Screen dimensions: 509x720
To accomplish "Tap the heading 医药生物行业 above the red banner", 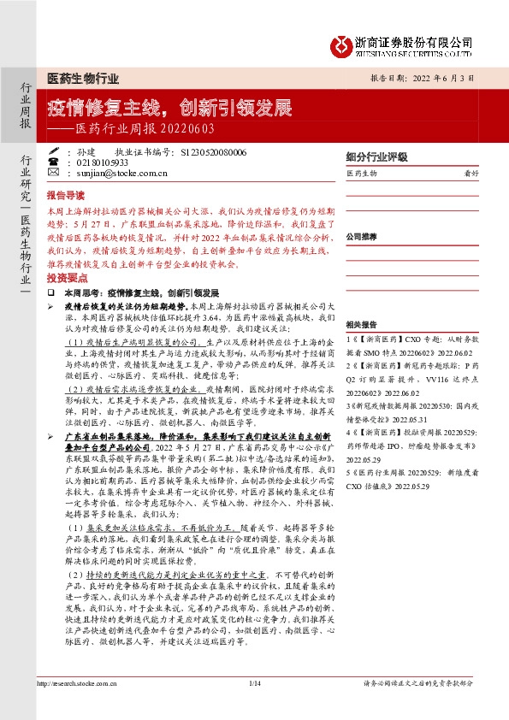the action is point(82,79).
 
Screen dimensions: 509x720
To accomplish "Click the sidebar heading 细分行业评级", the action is point(374,156).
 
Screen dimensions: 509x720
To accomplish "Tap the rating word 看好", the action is point(470,174).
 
